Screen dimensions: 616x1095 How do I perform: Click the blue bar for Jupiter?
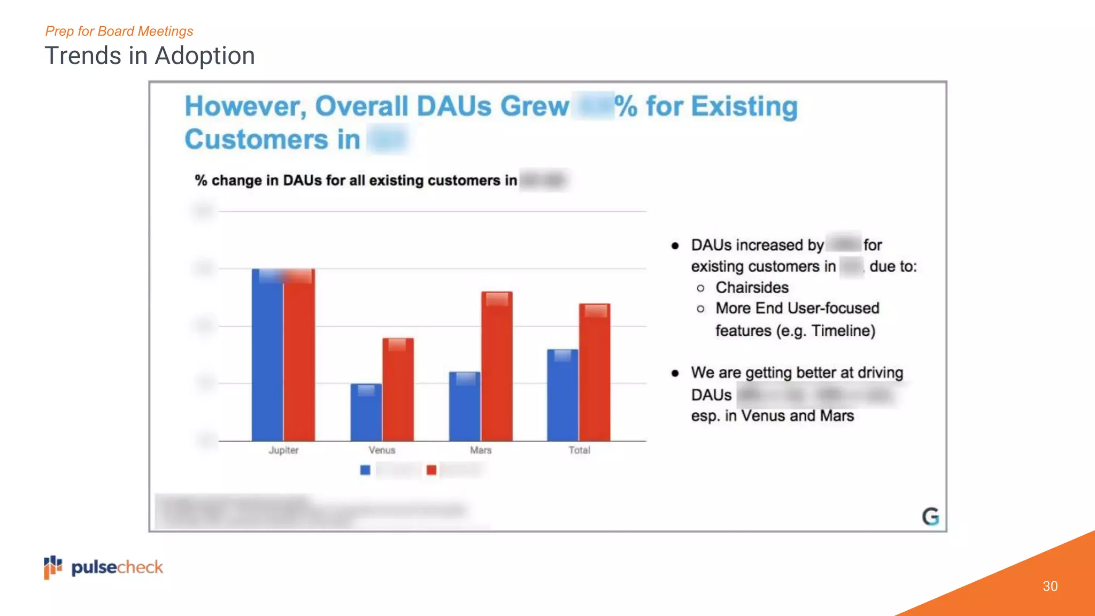[267, 356]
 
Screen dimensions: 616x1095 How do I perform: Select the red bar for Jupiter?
[299, 356]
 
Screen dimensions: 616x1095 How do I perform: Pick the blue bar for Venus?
[366, 412]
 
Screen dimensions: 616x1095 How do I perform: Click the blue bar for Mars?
[465, 406]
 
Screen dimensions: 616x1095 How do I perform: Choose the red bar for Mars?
[497, 366]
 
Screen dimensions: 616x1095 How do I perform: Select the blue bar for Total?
[562, 395]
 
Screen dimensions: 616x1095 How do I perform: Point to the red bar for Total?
[595, 372]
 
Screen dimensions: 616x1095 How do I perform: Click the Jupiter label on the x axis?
[283, 450]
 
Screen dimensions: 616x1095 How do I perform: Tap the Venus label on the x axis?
[382, 450]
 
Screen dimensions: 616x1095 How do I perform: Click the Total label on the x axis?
[579, 450]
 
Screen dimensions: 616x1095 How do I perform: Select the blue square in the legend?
[365, 470]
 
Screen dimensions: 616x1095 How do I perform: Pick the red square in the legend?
[431, 470]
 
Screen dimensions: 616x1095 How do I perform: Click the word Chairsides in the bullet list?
[752, 288]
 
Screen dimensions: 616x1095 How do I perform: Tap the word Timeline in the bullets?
[841, 331]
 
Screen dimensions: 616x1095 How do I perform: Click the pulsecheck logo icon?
[53, 567]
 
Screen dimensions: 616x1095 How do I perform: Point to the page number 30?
[1050, 586]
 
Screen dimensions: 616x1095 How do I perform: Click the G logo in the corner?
[930, 517]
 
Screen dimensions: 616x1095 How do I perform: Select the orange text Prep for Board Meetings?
[119, 31]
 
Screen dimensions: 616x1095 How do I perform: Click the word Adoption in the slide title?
[204, 56]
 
